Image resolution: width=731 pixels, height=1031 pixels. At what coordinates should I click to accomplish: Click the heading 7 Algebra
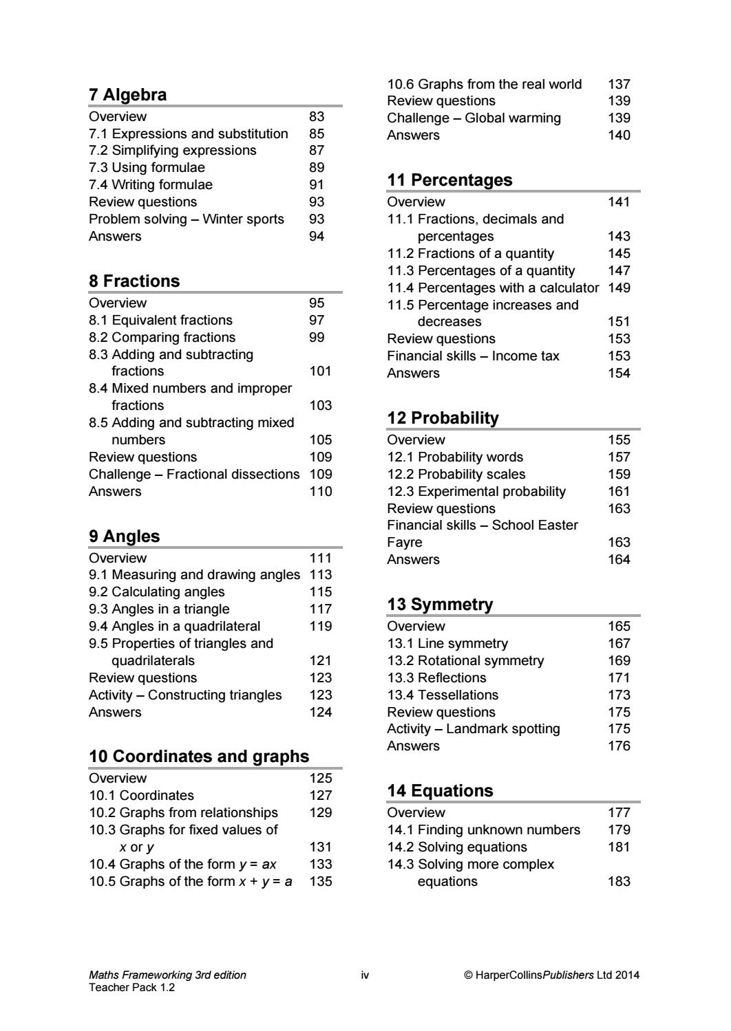pyautogui.click(x=127, y=95)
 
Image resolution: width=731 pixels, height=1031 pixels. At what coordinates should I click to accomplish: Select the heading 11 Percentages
pyautogui.click(x=449, y=180)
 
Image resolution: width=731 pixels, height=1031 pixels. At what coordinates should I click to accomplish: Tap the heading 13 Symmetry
pyautogui.click(x=440, y=605)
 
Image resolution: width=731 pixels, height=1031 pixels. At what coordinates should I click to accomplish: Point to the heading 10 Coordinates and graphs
pyautogui.click(x=199, y=757)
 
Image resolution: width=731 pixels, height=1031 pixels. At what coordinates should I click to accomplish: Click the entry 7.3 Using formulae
pyautogui.click(x=147, y=167)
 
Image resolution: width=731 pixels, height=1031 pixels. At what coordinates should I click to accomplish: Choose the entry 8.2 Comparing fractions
pyautogui.click(x=162, y=337)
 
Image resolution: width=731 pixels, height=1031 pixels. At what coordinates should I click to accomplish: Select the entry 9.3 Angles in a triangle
pyautogui.click(x=159, y=609)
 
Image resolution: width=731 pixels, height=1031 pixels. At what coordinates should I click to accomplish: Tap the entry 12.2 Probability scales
pyautogui.click(x=456, y=474)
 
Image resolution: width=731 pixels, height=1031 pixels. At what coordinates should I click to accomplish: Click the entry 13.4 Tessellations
pyautogui.click(x=443, y=695)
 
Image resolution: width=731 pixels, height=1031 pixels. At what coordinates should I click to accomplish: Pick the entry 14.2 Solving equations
pyautogui.click(x=457, y=847)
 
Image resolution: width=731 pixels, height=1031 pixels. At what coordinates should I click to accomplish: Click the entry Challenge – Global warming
pyautogui.click(x=474, y=118)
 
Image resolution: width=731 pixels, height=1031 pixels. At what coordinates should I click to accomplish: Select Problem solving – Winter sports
pyautogui.click(x=186, y=219)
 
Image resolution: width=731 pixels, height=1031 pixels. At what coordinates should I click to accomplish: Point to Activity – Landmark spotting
pyautogui.click(x=473, y=728)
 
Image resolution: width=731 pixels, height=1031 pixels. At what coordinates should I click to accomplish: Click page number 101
pyautogui.click(x=321, y=371)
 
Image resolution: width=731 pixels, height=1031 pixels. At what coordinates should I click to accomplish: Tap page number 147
pyautogui.click(x=619, y=270)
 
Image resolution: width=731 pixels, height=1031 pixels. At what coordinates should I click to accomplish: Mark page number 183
pyautogui.click(x=619, y=881)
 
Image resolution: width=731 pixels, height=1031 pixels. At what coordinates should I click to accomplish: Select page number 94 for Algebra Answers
pyautogui.click(x=317, y=236)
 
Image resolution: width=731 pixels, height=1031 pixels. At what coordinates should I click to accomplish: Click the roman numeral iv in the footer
pyautogui.click(x=365, y=975)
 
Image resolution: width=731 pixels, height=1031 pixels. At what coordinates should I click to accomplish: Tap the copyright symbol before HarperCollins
pyautogui.click(x=468, y=975)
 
